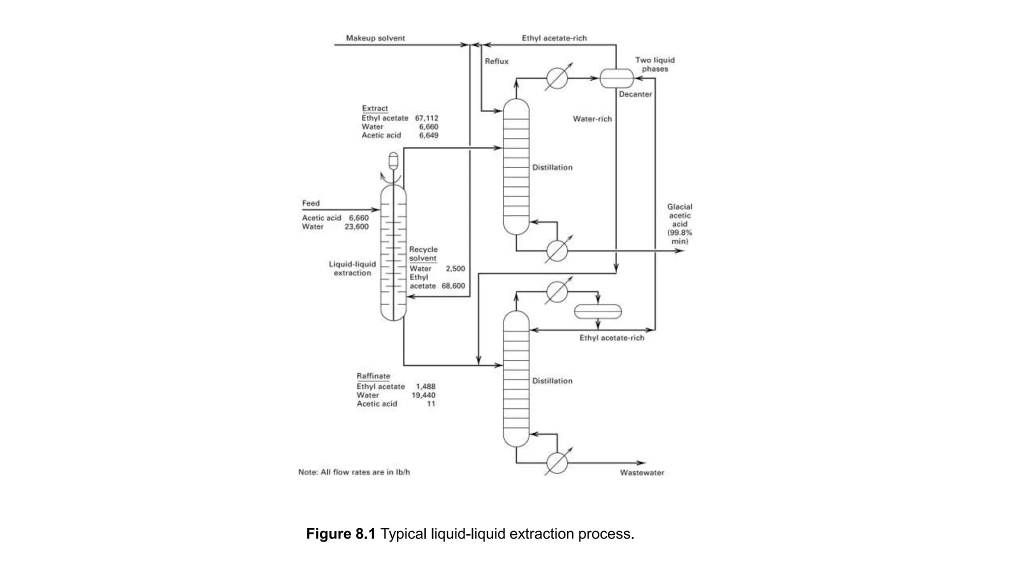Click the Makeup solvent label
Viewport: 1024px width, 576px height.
[375, 38]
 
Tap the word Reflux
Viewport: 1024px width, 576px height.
[496, 61]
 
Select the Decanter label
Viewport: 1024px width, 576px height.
[635, 94]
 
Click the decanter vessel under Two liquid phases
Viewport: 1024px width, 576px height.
[616, 78]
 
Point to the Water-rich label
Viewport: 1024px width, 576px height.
[592, 119]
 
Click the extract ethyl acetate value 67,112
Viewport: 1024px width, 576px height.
[426, 118]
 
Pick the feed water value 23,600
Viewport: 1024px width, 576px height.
[356, 226]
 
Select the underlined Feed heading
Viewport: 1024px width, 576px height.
[310, 203]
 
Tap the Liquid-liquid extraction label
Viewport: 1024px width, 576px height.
[352, 268]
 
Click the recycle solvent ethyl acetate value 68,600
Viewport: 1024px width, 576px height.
[453, 286]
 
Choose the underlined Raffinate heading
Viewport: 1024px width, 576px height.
[373, 376]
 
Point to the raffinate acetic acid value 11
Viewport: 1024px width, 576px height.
[430, 403]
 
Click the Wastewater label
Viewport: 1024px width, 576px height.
[641, 472]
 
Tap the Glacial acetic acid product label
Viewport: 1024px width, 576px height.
[679, 223]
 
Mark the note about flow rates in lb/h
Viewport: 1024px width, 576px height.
[354, 472]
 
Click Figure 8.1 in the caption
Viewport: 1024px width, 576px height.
[340, 534]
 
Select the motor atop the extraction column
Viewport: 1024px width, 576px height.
[393, 160]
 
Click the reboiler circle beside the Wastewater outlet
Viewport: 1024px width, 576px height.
[556, 463]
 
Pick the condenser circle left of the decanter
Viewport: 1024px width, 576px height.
[556, 78]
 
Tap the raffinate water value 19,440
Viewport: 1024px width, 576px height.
[423, 395]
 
